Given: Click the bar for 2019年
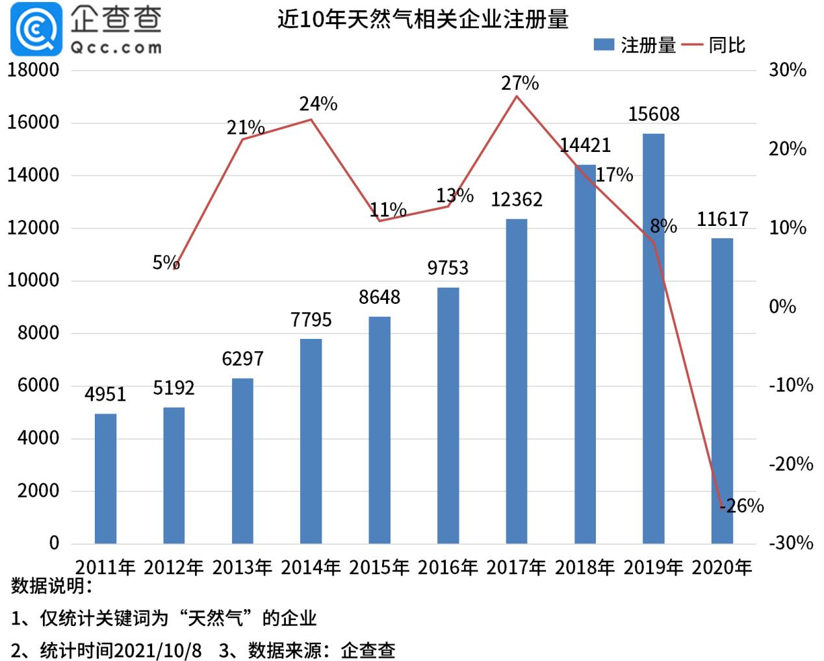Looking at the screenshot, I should pyautogui.click(x=653, y=338).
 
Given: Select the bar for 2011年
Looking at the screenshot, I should pyautogui.click(x=105, y=479).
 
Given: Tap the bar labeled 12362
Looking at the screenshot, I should pyautogui.click(x=517, y=381).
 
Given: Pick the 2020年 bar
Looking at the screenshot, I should pyautogui.click(x=722, y=391).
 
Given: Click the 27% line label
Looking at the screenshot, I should pyautogui.click(x=519, y=83).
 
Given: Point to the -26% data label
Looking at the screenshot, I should pyautogui.click(x=741, y=506).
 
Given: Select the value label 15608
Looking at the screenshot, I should pyautogui.click(x=654, y=114).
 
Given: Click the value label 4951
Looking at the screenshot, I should pyautogui.click(x=105, y=394).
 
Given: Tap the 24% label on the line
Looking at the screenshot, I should pyautogui.click(x=318, y=104).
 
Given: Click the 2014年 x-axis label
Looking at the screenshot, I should pyautogui.click(x=311, y=567).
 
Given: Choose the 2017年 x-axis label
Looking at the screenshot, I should pyautogui.click(x=516, y=567).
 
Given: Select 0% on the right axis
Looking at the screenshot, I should pyautogui.click(x=782, y=306).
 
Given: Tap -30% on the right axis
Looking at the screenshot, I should pyautogui.click(x=790, y=543).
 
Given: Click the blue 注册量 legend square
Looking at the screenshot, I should pyautogui.click(x=604, y=45).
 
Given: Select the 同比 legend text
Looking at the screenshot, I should pyautogui.click(x=727, y=45).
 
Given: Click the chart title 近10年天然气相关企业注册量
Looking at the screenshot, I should pyautogui.click(x=422, y=19).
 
